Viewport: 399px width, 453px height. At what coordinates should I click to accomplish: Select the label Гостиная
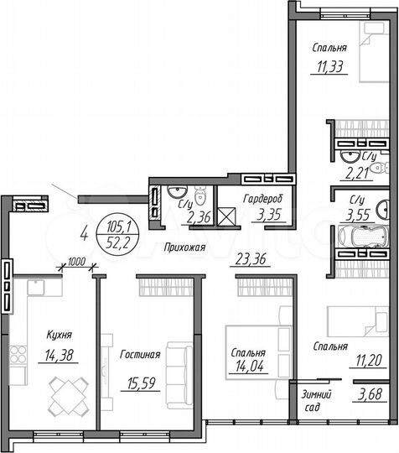tap(139, 354)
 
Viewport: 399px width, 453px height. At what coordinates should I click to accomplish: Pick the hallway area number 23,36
tap(246, 260)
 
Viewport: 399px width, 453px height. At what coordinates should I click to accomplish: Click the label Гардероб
tap(263, 198)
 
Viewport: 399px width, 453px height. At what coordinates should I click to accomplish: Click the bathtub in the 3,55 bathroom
tap(359, 238)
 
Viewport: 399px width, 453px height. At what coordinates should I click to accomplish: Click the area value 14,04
tap(249, 366)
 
